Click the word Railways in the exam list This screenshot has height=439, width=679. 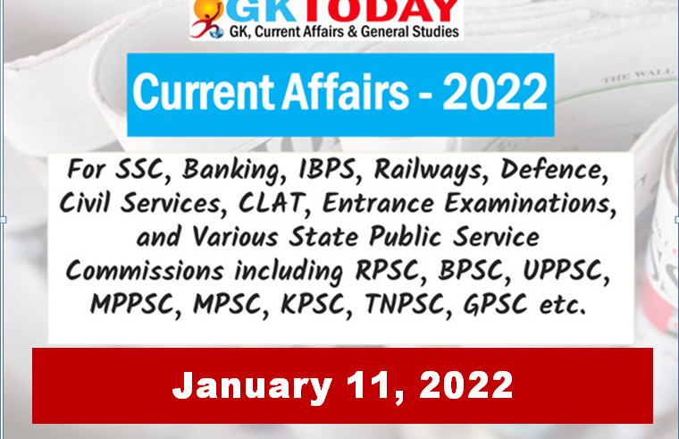[x=428, y=170]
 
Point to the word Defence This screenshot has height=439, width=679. [x=554, y=169]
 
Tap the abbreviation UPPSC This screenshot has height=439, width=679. [x=566, y=270]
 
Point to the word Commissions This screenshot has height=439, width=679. [x=145, y=270]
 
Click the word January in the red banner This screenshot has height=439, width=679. [x=252, y=385]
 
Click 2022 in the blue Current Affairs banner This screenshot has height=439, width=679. [x=495, y=91]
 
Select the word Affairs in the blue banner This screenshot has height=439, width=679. [x=345, y=91]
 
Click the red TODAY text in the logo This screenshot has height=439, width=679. [x=385, y=10]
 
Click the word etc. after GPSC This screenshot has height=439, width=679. [x=563, y=305]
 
